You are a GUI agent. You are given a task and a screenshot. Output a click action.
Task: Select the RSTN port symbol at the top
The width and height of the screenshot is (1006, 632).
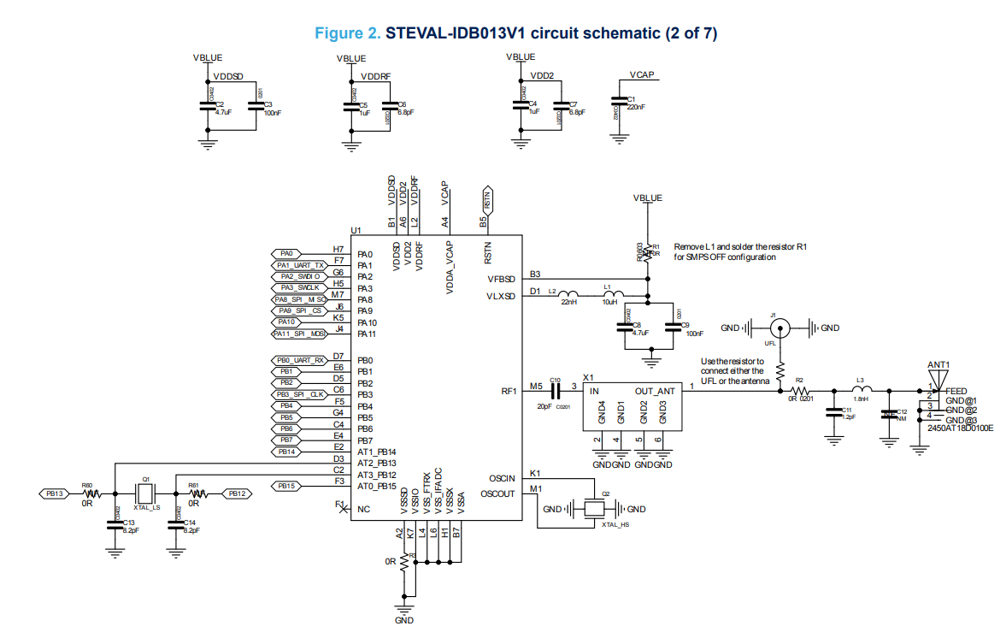click(488, 202)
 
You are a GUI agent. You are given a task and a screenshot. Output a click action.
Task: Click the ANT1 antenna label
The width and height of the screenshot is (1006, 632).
click(938, 365)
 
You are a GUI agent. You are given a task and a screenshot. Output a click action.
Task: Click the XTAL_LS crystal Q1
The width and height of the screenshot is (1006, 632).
click(145, 493)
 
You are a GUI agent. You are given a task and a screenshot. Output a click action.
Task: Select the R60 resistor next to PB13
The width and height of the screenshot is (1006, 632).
click(88, 493)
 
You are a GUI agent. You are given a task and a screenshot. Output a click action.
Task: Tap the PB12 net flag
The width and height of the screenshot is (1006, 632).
click(237, 493)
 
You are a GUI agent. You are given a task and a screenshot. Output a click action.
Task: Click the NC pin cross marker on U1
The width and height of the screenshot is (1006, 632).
click(344, 509)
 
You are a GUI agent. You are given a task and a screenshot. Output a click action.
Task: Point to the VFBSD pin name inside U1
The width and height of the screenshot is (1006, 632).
click(501, 279)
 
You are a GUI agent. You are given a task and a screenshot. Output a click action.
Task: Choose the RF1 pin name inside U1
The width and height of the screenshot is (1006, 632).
click(509, 391)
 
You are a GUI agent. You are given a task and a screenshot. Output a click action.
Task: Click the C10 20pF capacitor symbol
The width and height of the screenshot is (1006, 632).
click(555, 391)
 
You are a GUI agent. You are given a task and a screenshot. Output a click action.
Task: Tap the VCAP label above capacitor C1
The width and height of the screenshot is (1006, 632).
click(641, 75)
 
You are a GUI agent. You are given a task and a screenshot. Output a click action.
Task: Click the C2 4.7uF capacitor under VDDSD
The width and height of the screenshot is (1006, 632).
click(206, 106)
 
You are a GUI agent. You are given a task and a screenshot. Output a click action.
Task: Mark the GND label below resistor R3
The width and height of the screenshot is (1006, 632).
click(404, 620)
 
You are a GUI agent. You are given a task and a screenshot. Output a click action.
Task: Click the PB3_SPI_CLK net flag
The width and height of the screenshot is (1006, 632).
click(300, 394)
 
